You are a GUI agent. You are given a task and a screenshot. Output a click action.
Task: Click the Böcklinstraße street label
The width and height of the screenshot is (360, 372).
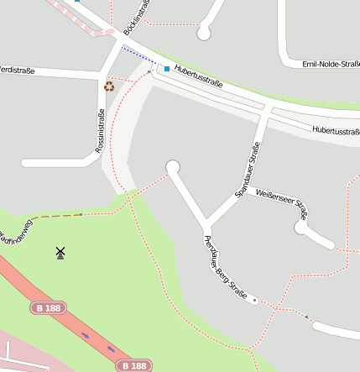pos(137,18)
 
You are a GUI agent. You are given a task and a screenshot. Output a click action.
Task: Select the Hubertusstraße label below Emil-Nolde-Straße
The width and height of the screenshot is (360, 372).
pos(335,130)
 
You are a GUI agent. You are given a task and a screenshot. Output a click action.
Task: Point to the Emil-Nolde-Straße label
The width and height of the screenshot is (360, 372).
pos(331,64)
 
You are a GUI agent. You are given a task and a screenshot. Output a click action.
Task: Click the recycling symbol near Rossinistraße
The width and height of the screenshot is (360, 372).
pos(109,86)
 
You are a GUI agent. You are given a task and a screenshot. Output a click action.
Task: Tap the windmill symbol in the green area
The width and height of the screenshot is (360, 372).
pos(60,252)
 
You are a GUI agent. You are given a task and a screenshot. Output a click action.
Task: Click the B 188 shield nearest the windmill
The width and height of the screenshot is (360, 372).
pos(49,308)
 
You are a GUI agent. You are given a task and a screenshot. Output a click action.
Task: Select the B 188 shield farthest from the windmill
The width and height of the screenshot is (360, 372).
pos(133,365)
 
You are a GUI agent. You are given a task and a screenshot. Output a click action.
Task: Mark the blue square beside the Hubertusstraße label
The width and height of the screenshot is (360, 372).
pos(166,68)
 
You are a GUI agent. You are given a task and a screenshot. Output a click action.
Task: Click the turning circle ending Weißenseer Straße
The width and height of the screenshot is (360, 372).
pos(301,227)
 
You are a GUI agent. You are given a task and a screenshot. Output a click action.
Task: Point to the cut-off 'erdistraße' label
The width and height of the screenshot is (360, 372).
pos(17,71)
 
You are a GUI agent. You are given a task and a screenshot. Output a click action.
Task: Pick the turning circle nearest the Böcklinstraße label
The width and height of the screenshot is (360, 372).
pos(203,34)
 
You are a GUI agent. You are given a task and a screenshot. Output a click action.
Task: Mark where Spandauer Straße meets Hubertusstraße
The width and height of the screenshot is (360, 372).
pos(265,109)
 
